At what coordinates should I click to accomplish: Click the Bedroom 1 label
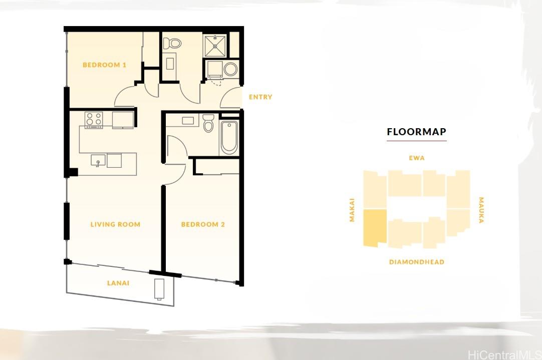tap(104, 65)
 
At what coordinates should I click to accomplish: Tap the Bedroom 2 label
tap(203, 224)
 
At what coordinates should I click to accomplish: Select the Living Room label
tap(115, 224)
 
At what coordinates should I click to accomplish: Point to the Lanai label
tap(118, 283)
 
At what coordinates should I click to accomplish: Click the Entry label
tap(260, 97)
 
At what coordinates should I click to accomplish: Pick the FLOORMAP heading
tap(417, 132)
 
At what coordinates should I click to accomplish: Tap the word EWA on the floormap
tap(417, 158)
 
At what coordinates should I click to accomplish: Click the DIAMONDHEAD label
tap(417, 262)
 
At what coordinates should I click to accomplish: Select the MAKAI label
tap(352, 210)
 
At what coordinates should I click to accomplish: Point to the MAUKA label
tap(481, 210)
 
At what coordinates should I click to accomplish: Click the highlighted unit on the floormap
tap(375, 228)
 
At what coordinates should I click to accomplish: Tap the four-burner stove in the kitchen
tap(94, 119)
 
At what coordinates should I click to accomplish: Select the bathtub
tap(229, 137)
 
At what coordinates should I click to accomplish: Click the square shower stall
tap(215, 46)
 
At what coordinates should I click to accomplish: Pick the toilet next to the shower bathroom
tap(172, 44)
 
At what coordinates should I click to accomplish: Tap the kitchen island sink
tap(98, 160)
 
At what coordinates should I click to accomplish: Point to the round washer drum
tap(230, 69)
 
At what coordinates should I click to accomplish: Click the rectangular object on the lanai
tap(159, 289)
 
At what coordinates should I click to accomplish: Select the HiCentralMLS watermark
tap(504, 354)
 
